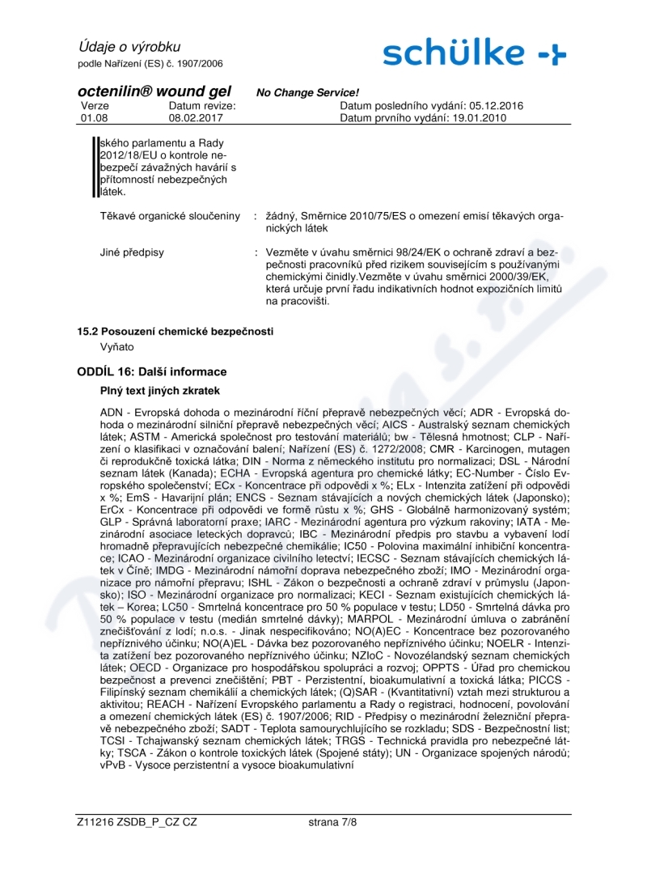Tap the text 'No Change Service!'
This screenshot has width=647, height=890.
[307, 93]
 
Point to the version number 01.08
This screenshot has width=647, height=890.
[94, 117]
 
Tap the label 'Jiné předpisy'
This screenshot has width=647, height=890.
[131, 252]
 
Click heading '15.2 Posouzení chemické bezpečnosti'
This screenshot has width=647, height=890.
[175, 331]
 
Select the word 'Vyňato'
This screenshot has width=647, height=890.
[116, 347]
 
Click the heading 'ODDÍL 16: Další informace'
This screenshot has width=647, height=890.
[152, 372]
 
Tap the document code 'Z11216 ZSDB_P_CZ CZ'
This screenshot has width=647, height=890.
[132, 823]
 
